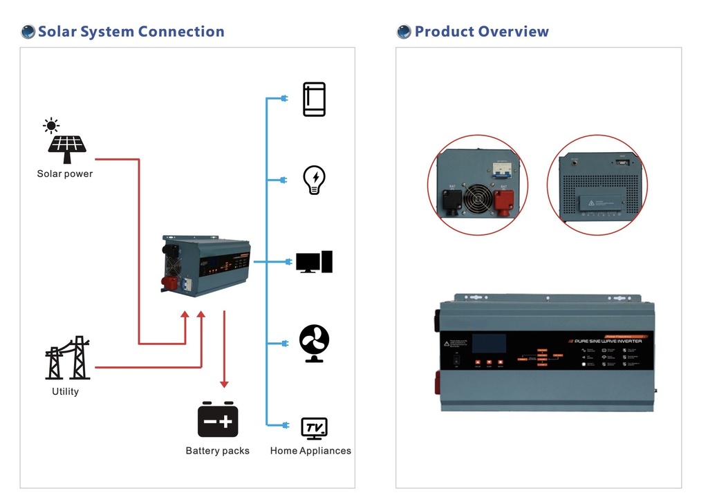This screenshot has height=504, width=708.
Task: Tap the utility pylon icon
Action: [x=68, y=358]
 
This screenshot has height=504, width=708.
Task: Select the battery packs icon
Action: [x=218, y=420]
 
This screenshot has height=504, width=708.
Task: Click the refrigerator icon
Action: [x=314, y=100]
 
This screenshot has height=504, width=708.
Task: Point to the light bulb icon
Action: [x=314, y=180]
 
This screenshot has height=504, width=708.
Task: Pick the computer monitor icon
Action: [x=314, y=262]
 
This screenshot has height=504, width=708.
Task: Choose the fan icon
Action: [x=314, y=343]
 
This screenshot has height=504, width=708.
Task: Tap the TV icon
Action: [x=314, y=428]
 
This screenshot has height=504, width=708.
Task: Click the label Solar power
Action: [x=65, y=174]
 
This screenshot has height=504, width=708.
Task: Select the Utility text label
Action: [x=66, y=391]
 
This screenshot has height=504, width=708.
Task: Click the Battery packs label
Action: [x=218, y=451]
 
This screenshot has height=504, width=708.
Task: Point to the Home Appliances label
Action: [x=310, y=451]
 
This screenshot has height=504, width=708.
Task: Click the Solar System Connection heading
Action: [x=131, y=32]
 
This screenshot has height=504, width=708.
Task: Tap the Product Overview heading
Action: [x=481, y=32]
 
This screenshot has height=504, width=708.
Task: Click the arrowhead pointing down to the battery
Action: [x=224, y=384]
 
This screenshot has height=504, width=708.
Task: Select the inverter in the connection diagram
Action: [x=205, y=266]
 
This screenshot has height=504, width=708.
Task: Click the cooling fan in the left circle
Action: [x=478, y=198]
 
